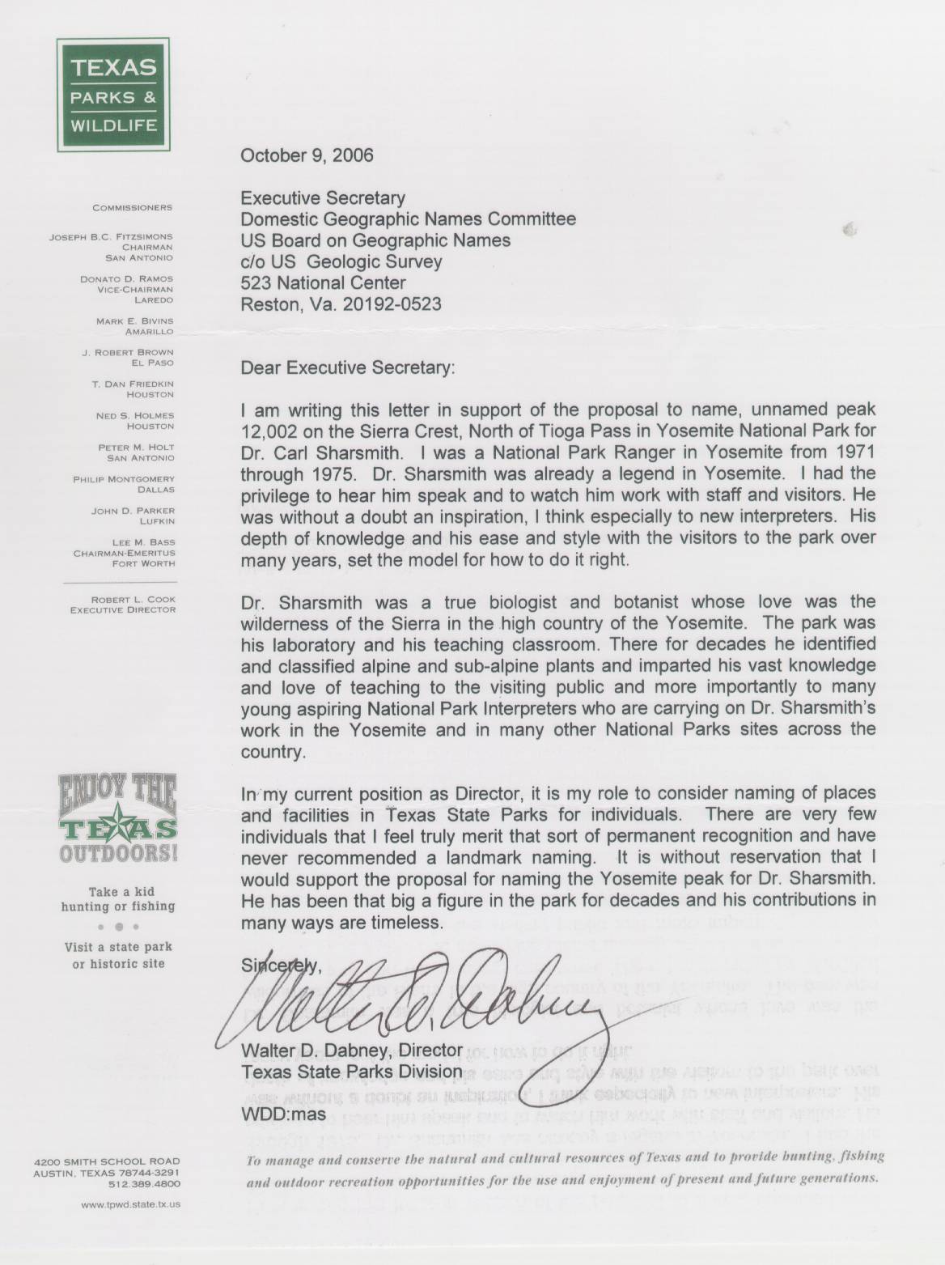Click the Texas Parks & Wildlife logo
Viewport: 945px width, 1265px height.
click(x=112, y=95)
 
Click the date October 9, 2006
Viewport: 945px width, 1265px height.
click(x=307, y=155)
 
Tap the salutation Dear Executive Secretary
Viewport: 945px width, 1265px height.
click(x=348, y=367)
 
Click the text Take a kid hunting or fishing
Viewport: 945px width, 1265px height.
click(x=118, y=898)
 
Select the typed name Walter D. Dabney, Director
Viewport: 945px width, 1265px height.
click(x=352, y=1051)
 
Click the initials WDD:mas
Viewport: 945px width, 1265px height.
click(x=284, y=1114)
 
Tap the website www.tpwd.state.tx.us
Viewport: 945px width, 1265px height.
click(x=130, y=1203)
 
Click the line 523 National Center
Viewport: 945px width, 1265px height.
click(x=324, y=282)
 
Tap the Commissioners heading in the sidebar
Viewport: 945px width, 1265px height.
click(x=132, y=208)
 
